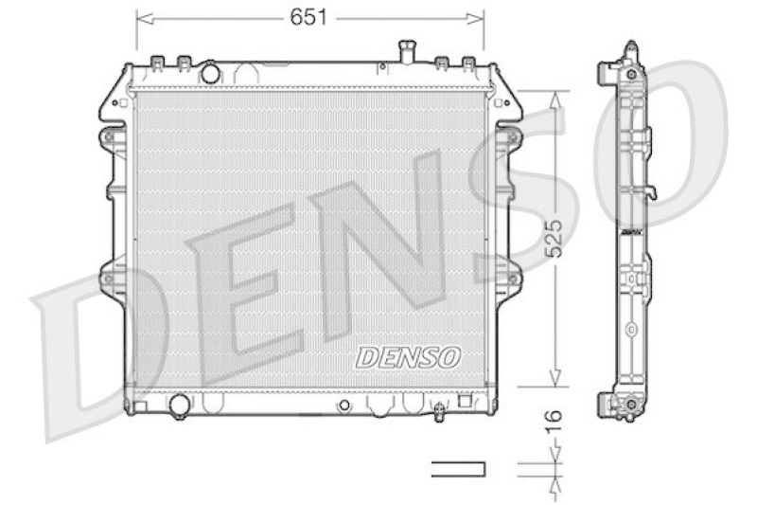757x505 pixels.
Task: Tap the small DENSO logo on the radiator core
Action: pyautogui.click(x=409, y=357)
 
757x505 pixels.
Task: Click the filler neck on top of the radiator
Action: pyautogui.click(x=408, y=51)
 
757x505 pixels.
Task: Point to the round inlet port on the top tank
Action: pyautogui.click(x=210, y=72)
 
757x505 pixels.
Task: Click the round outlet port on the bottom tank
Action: pyautogui.click(x=178, y=406)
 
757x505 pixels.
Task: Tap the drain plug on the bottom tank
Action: pyautogui.click(x=439, y=412)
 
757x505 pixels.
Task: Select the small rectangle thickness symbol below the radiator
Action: pyautogui.click(x=457, y=468)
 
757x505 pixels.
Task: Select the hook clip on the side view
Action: pyautogui.click(x=651, y=193)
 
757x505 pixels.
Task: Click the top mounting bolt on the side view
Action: pyautogui.click(x=629, y=73)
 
